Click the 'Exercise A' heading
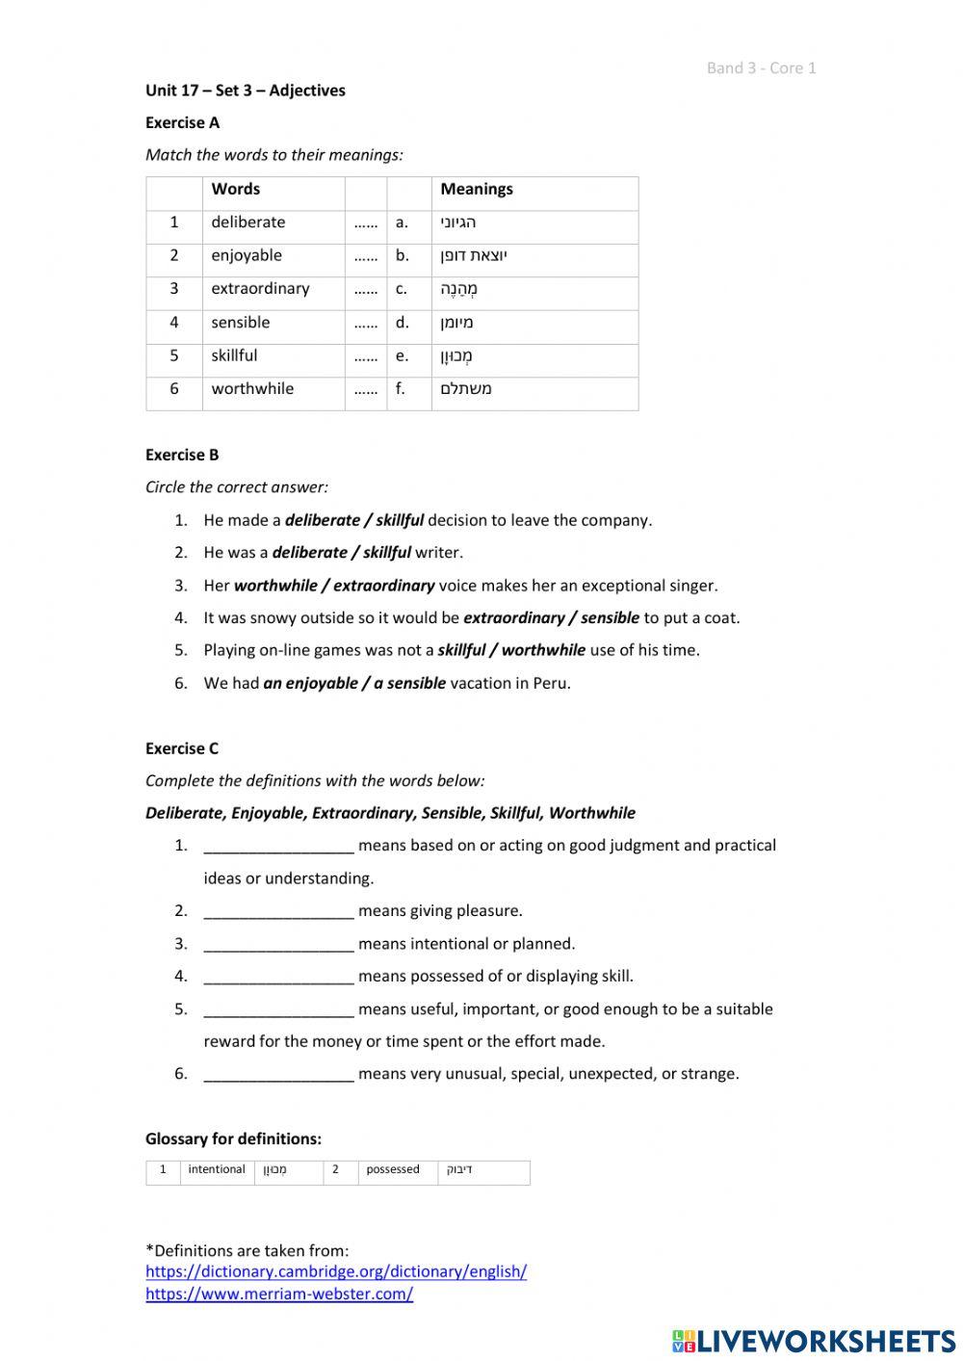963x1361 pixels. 182,122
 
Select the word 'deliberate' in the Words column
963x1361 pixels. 248,222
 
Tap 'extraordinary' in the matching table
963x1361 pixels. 260,289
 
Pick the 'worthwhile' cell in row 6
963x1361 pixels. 252,389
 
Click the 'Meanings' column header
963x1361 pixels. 477,190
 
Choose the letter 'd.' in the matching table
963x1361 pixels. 402,323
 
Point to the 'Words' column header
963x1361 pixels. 236,190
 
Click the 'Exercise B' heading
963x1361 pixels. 182,455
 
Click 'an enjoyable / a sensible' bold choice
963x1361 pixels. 354,684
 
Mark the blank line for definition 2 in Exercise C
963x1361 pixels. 278,911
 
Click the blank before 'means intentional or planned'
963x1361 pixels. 278,944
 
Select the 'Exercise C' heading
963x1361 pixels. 182,748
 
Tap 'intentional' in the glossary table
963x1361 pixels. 217,1169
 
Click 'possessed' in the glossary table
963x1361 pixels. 393,1169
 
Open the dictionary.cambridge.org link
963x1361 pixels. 336,1271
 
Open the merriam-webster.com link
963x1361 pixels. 279,1294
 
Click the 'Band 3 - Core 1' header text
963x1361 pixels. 761,67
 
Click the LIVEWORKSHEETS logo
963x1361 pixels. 814,1341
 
